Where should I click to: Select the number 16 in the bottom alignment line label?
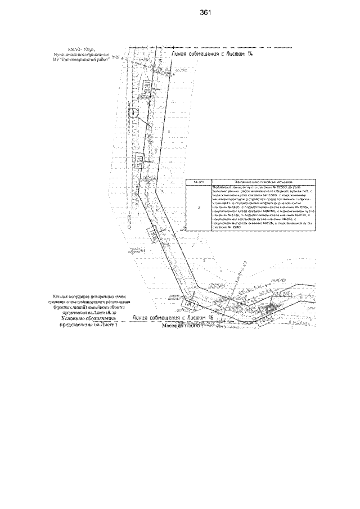(210, 318)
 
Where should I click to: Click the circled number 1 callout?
(133, 113)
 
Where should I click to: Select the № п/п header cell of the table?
(197, 183)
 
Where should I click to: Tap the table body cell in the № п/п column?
(197, 209)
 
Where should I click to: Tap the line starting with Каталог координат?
(90, 295)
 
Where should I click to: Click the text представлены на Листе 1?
(85, 325)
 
